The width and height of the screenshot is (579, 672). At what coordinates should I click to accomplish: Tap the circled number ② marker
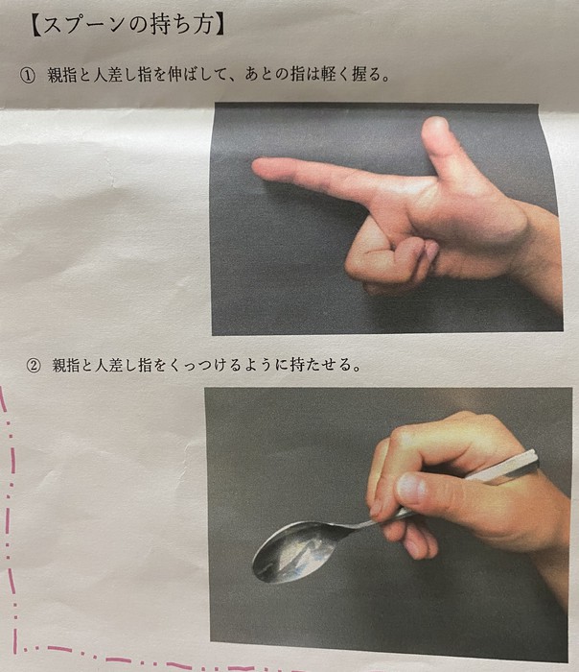34,366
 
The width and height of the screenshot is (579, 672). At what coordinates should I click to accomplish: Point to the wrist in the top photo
542,250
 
